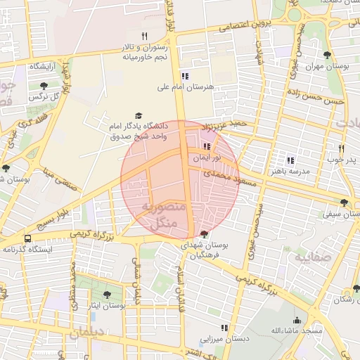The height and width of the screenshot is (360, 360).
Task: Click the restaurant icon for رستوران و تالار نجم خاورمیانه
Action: tap(144, 35)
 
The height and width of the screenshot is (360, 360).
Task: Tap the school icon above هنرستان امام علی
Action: tap(185, 76)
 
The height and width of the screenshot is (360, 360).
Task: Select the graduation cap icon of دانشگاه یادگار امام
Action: tap(139, 115)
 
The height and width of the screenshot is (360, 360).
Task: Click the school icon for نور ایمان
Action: tap(207, 147)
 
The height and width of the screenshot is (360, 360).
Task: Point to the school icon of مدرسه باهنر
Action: tap(290, 160)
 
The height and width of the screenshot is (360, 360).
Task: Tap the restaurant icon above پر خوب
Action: tap(341, 148)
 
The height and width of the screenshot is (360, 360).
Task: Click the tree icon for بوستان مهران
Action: tap(326, 55)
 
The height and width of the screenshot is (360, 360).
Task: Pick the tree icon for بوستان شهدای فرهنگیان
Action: tap(204, 233)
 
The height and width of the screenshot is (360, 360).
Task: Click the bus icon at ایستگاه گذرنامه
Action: tap(27, 238)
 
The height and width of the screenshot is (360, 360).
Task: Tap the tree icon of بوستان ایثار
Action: tap(106, 295)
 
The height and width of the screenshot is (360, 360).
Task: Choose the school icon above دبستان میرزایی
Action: tap(224, 328)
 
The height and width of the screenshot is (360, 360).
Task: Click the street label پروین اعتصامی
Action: tap(243, 27)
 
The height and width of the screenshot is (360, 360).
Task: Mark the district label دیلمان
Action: tap(87, 332)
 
